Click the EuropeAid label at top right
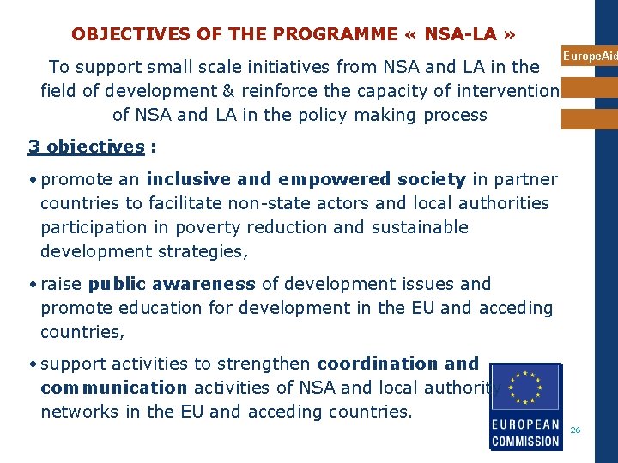[x=590, y=57]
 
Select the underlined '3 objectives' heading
[x=86, y=147]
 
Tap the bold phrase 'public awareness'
[x=172, y=284]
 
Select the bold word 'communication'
[x=113, y=388]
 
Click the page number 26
[x=575, y=430]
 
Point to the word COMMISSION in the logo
[x=525, y=441]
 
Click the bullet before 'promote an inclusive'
[x=32, y=180]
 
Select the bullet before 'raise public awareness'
[x=32, y=285]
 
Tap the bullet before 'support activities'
[x=32, y=364]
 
